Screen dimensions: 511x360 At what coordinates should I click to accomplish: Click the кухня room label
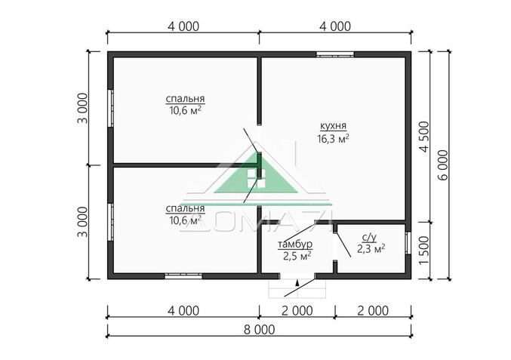(x=333, y=126)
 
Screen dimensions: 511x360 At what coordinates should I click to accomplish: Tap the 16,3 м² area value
(x=333, y=139)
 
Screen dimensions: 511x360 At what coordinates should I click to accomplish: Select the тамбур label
(x=295, y=244)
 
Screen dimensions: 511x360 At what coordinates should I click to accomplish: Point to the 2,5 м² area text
(x=297, y=256)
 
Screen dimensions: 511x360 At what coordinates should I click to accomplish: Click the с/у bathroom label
(x=369, y=238)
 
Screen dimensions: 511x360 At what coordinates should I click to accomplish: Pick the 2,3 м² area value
(x=371, y=249)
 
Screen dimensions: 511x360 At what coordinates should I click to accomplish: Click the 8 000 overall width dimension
(x=259, y=330)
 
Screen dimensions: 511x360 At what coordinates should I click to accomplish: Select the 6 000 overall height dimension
(x=444, y=165)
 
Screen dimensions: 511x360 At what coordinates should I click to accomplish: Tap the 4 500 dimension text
(x=425, y=137)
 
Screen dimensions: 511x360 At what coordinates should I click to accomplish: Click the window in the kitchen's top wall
(x=335, y=54)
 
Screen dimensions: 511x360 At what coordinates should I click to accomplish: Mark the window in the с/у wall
(x=408, y=243)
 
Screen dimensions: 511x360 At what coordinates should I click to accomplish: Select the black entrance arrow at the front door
(x=297, y=282)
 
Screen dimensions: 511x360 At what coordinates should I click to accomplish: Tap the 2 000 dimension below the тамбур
(x=297, y=311)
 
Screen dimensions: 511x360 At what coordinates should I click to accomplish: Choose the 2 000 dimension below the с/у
(x=373, y=311)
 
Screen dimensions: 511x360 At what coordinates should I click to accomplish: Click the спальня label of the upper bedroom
(x=185, y=99)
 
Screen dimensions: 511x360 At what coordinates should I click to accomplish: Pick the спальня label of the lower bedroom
(x=185, y=208)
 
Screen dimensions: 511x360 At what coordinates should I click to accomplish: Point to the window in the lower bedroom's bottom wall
(x=183, y=276)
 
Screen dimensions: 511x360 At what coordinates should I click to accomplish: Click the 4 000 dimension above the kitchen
(x=335, y=26)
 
